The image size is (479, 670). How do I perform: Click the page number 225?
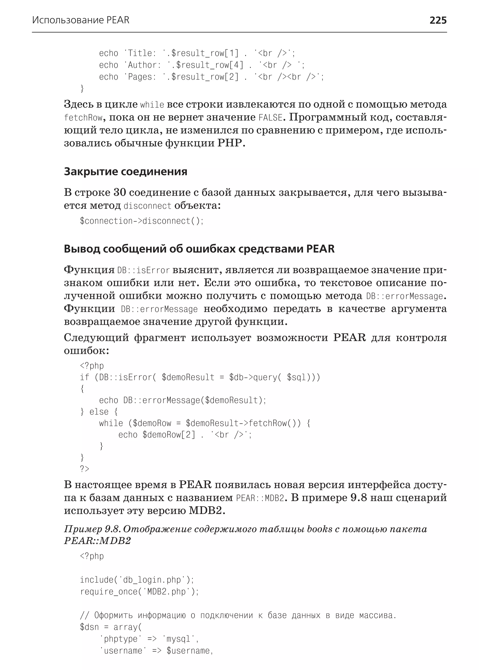click(438, 20)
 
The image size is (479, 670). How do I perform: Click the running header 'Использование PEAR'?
click(80, 20)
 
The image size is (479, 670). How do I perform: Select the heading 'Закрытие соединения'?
click(125, 171)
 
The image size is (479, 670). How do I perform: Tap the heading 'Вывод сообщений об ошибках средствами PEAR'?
click(199, 249)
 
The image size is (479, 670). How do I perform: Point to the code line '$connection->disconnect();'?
click(142, 221)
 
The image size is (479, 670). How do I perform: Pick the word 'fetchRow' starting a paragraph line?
click(83, 118)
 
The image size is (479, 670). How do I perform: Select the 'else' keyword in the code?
click(99, 412)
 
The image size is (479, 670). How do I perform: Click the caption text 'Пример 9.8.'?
click(92, 529)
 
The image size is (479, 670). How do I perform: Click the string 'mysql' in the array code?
click(178, 639)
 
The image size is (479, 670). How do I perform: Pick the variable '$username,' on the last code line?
click(189, 651)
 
